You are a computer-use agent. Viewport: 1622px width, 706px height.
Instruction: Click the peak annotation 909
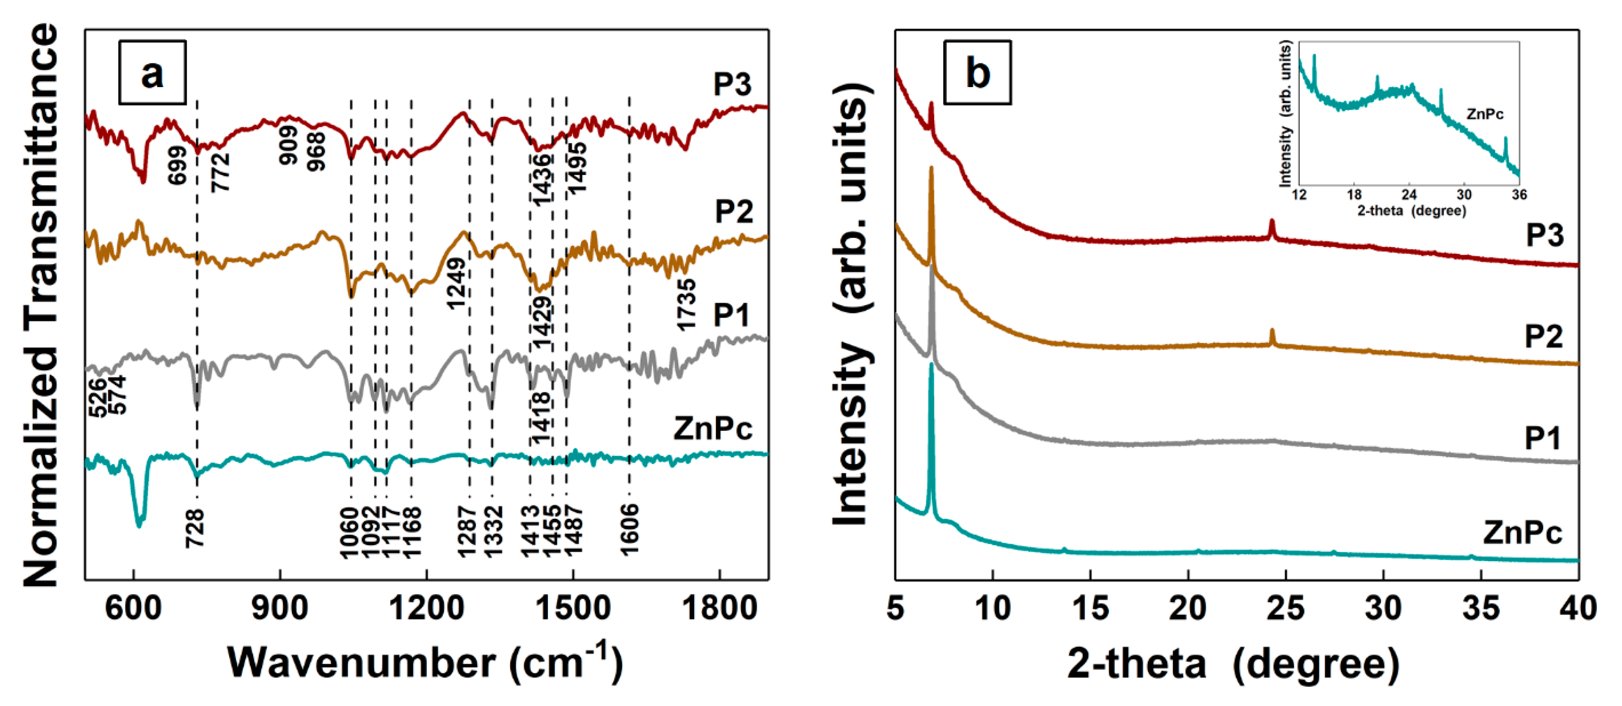point(288,145)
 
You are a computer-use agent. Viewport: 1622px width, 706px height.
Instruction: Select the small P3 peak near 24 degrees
point(1272,228)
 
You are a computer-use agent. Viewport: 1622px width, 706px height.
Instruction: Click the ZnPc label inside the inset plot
point(1485,114)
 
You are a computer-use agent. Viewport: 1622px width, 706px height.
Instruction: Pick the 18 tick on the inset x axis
point(1354,195)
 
